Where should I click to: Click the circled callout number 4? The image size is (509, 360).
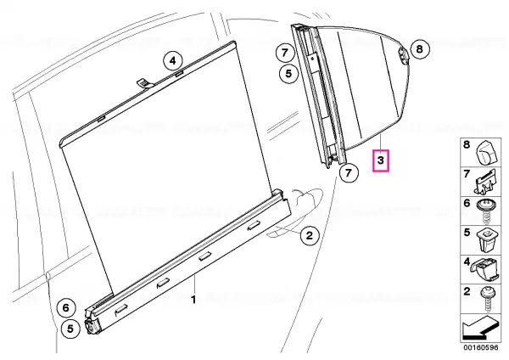173,61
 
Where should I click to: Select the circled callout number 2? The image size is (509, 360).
310,235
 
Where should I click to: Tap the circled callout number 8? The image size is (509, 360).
420,49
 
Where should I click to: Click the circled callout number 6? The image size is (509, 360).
66,307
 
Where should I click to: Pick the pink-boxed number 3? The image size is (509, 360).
380,160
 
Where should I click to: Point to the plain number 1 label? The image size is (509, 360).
193,300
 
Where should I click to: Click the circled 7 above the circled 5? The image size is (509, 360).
285,53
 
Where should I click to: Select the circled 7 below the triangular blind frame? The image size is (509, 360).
349,172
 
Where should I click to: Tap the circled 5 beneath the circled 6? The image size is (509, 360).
70,329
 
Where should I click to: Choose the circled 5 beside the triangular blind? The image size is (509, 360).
289,73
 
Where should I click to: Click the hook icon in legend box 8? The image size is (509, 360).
486,152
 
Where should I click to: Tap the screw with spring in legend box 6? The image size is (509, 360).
484,211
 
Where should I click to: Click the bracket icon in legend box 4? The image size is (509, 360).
485,269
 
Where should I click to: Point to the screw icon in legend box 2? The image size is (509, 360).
487,298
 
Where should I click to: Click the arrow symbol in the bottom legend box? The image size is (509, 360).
480,328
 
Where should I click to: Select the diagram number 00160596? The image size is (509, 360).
480,347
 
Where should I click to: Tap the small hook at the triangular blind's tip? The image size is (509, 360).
402,55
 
